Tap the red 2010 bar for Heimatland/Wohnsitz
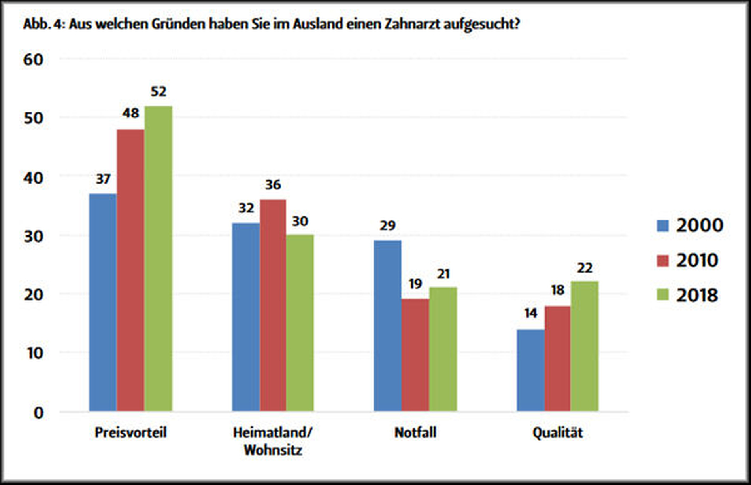coord(273,305)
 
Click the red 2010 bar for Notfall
coord(415,354)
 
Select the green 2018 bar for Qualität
coord(584,346)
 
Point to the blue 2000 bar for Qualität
coord(530,370)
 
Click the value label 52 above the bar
coord(159,92)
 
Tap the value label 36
coord(273,185)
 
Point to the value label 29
coord(387,225)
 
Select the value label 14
coord(530,313)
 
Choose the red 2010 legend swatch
coord(662,261)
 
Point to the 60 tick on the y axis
coord(33,60)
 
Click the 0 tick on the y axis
coord(38,413)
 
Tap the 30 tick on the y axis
coord(33,237)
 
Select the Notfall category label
coord(415,432)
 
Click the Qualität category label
coord(557,432)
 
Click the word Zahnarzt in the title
coord(412,24)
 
